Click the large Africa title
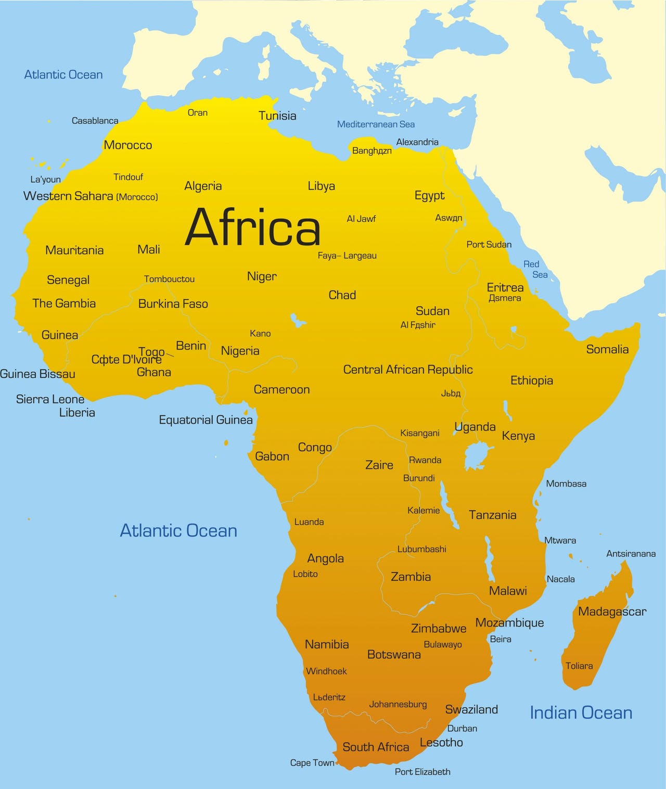coord(253,227)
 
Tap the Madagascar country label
coord(612,612)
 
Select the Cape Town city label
coord(312,762)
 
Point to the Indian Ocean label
coord(581,712)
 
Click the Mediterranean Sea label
coord(376,124)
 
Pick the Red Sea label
coord(535,269)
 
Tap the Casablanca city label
coord(95,121)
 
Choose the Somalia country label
coord(607,349)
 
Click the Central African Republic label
coord(408,370)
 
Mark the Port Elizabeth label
coord(422,772)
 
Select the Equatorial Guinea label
coord(206,420)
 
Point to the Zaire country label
coord(379,465)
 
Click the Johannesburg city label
coord(398,704)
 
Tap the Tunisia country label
coord(277,116)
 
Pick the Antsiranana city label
coord(631,554)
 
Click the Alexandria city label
coord(417,142)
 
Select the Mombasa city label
coord(566,483)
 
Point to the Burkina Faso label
coord(173,304)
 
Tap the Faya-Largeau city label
coord(347,256)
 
